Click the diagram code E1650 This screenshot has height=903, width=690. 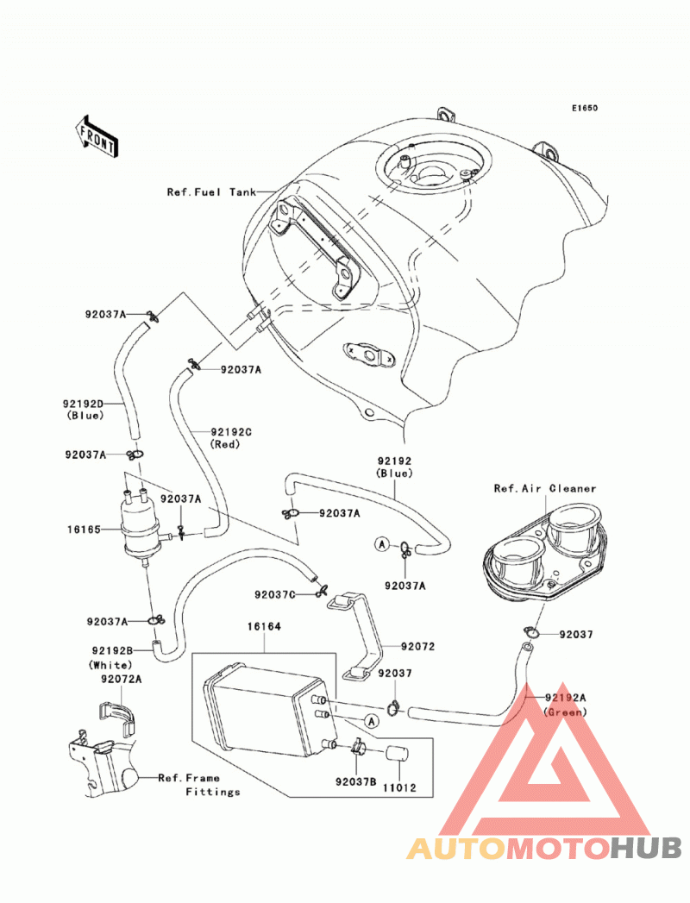coord(585,108)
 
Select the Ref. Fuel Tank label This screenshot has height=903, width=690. coord(211,191)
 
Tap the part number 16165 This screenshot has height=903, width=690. coord(84,529)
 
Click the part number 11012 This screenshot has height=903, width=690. coord(399,787)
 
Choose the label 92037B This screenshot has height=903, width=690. coord(356,781)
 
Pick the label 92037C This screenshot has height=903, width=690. coord(275,593)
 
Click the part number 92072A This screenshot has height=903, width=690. coord(122,679)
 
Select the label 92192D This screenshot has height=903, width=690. coord(84,404)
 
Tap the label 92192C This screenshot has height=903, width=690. coord(231,432)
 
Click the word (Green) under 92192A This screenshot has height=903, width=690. coord(565,712)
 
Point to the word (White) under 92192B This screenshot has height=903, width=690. coord(110,665)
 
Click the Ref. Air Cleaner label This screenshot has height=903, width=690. coord(545,488)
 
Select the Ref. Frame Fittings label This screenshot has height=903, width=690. coord(199,784)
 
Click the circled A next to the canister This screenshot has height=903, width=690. coord(372,721)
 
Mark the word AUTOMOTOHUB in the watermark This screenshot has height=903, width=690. coord(544,849)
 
